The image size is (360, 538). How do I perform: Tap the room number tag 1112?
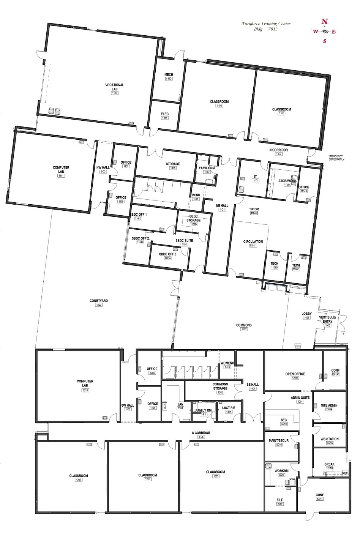coord(114,93)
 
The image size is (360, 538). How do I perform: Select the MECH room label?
coord(169,75)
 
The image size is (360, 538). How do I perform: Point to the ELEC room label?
coord(165,114)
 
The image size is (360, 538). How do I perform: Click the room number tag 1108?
coord(219,106)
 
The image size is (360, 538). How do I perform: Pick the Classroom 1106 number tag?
coord(281,114)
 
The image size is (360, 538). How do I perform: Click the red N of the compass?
coord(324,22)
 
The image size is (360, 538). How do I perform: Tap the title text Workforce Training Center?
coord(265,24)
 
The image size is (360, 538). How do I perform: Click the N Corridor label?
coord(278,150)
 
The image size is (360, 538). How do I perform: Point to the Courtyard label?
coord(99,301)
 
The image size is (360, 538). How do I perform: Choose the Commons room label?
coord(244,325)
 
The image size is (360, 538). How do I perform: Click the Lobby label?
coord(306,314)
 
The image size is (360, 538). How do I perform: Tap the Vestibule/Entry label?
coord(327,319)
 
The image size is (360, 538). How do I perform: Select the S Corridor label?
coord(201,433)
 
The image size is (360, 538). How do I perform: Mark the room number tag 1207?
coord(79,480)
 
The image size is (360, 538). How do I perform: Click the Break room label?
coord(329,464)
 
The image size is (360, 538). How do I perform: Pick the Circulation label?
coord(253,241)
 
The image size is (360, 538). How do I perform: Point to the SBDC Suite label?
coord(184,240)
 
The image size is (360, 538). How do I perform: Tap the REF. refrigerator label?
coord(345,473)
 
